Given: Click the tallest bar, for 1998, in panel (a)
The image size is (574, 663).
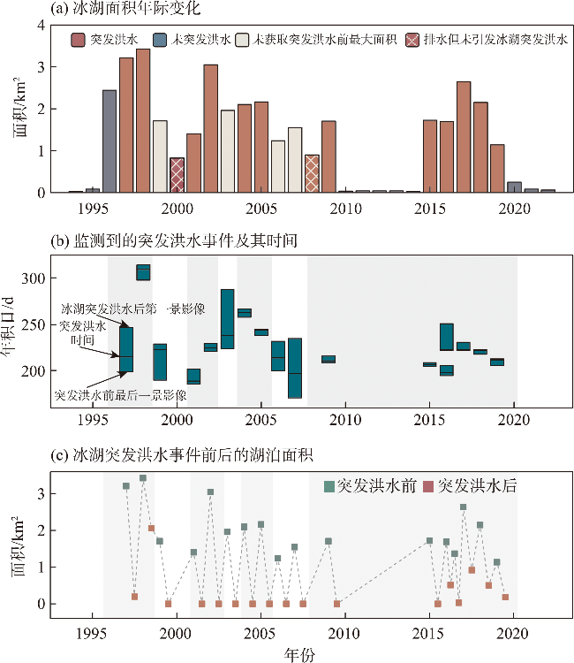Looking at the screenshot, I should point(143,120).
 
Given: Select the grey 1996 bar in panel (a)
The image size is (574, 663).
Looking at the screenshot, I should point(110,141).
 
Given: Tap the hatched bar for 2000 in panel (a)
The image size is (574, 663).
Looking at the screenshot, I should point(177,175).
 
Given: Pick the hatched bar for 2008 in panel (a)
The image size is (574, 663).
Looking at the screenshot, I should point(312,173).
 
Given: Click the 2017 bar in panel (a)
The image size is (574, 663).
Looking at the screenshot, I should point(464,137).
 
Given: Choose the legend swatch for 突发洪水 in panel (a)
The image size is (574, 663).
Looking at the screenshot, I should point(78,40).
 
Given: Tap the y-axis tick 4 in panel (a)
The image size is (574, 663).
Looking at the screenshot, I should point(39,25).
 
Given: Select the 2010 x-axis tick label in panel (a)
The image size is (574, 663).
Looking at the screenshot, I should point(345,210).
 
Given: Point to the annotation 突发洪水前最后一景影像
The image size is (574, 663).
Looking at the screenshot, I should point(120,393).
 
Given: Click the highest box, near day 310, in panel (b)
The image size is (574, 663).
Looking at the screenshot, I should point(143,272).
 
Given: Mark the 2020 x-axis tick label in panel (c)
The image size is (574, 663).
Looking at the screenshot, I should point(514,634).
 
